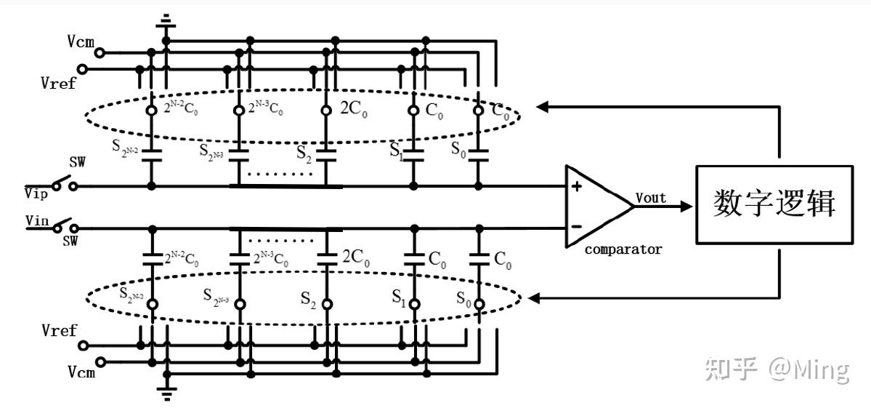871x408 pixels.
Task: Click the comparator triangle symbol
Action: point(596,206)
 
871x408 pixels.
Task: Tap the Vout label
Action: point(650,197)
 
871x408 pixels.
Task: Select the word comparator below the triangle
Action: point(623,249)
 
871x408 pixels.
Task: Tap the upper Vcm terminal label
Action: point(81,41)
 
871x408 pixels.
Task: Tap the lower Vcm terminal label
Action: point(81,372)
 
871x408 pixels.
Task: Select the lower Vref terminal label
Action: point(59,331)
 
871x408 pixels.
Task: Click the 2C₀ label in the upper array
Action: point(355,109)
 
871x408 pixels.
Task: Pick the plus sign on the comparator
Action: point(576,186)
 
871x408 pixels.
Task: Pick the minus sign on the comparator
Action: point(576,225)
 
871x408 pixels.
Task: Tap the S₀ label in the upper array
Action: point(458,149)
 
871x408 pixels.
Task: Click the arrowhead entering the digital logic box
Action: point(687,206)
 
